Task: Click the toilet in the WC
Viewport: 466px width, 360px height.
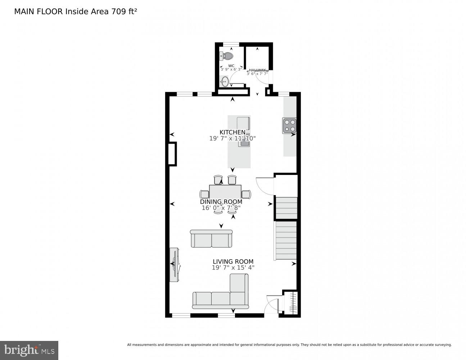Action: coord(227,56)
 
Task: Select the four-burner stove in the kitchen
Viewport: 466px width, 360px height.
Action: coord(290,126)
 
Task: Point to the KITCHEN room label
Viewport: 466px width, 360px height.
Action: coord(232,132)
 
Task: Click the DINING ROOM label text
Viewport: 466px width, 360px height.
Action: coord(221,202)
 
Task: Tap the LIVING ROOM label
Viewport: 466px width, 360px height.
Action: coord(233,262)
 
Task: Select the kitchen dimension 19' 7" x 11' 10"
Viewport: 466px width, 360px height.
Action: coord(232,138)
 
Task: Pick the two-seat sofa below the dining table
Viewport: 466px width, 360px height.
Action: coord(211,239)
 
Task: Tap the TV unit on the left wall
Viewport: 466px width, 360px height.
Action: coord(174,265)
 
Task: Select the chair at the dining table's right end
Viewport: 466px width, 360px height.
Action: coord(246,194)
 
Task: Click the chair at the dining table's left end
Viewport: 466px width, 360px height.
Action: coord(204,194)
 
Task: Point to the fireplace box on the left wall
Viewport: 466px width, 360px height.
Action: coord(172,154)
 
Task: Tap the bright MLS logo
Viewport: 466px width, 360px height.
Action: coord(29,350)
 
